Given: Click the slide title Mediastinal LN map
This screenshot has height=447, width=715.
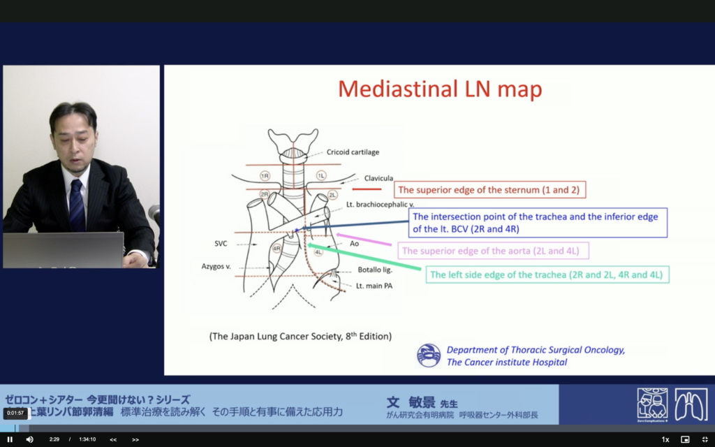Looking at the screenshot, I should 440,89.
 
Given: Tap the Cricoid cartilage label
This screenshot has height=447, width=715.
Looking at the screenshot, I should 353,152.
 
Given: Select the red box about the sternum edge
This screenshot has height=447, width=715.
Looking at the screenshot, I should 490,190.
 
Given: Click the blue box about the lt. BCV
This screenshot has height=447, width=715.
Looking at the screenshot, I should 538,223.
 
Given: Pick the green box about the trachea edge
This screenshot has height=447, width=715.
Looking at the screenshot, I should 547,274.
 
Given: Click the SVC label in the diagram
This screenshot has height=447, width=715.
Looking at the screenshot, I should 221,244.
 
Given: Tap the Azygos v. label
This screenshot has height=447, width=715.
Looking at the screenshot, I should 217,267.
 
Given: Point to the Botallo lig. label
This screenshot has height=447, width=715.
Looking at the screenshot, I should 375,269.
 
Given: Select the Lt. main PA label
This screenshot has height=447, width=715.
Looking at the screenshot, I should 374,286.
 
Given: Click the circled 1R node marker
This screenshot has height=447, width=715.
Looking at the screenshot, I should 265,175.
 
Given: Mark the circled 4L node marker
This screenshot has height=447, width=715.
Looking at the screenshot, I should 318,251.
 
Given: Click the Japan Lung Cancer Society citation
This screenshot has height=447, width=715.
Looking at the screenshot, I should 300,336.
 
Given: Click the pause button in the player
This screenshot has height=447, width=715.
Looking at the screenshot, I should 10,439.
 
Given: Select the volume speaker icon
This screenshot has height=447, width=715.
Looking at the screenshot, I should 29,439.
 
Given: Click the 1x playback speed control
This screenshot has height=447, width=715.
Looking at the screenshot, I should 665,439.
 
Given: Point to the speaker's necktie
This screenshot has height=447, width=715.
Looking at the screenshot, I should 76,205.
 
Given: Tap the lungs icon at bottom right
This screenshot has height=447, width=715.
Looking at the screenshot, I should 691,404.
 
